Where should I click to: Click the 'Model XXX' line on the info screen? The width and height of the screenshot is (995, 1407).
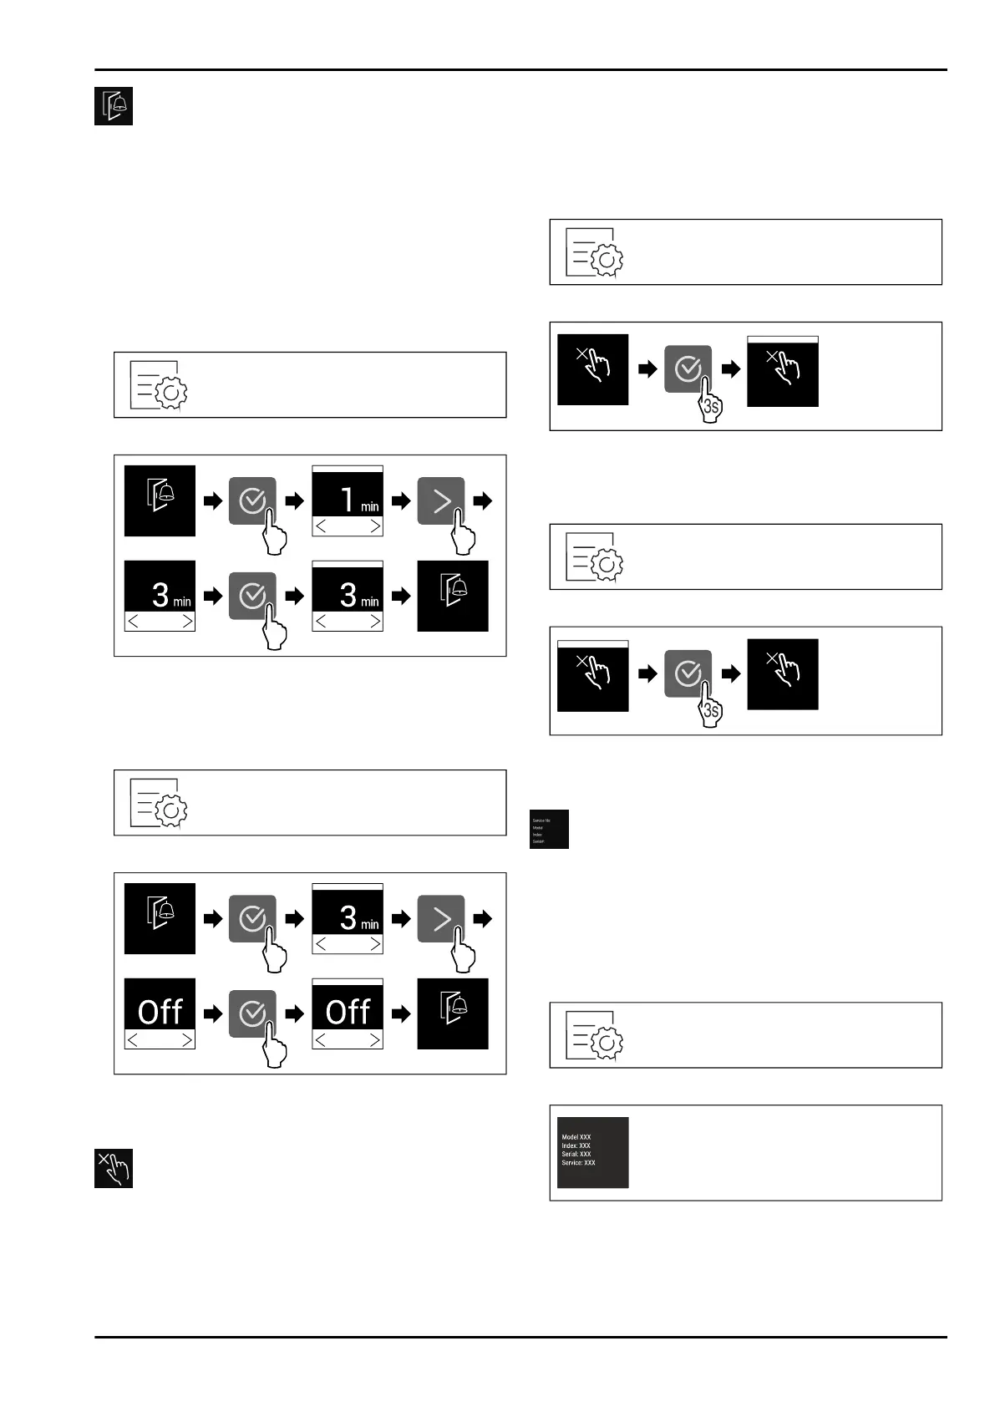coord(576,1137)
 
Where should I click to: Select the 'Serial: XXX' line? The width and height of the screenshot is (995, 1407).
coord(576,1154)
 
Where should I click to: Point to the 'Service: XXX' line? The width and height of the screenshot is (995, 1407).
coord(578,1162)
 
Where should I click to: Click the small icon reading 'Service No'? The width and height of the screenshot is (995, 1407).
coord(541,820)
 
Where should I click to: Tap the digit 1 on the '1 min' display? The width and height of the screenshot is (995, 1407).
coord(347,500)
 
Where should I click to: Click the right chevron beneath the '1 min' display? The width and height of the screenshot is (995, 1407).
coord(374,526)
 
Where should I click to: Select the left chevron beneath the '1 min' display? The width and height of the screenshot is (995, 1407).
coord(322,526)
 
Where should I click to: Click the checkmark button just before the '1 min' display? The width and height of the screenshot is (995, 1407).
coord(251,500)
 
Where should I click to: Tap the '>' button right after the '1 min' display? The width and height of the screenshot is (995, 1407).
coord(440,500)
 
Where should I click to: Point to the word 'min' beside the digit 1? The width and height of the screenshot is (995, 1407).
coord(369,506)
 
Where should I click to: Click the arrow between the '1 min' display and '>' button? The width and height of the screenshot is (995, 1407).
coord(401,501)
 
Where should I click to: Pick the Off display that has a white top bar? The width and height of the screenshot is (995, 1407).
coord(348,1013)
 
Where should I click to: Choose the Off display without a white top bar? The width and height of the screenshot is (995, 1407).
coord(160,1013)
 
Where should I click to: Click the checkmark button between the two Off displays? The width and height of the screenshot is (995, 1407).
coord(251,1013)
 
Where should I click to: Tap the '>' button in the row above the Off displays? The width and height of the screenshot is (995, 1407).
coord(440,918)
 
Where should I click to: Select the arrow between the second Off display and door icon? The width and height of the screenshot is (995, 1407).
coord(401,1014)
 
